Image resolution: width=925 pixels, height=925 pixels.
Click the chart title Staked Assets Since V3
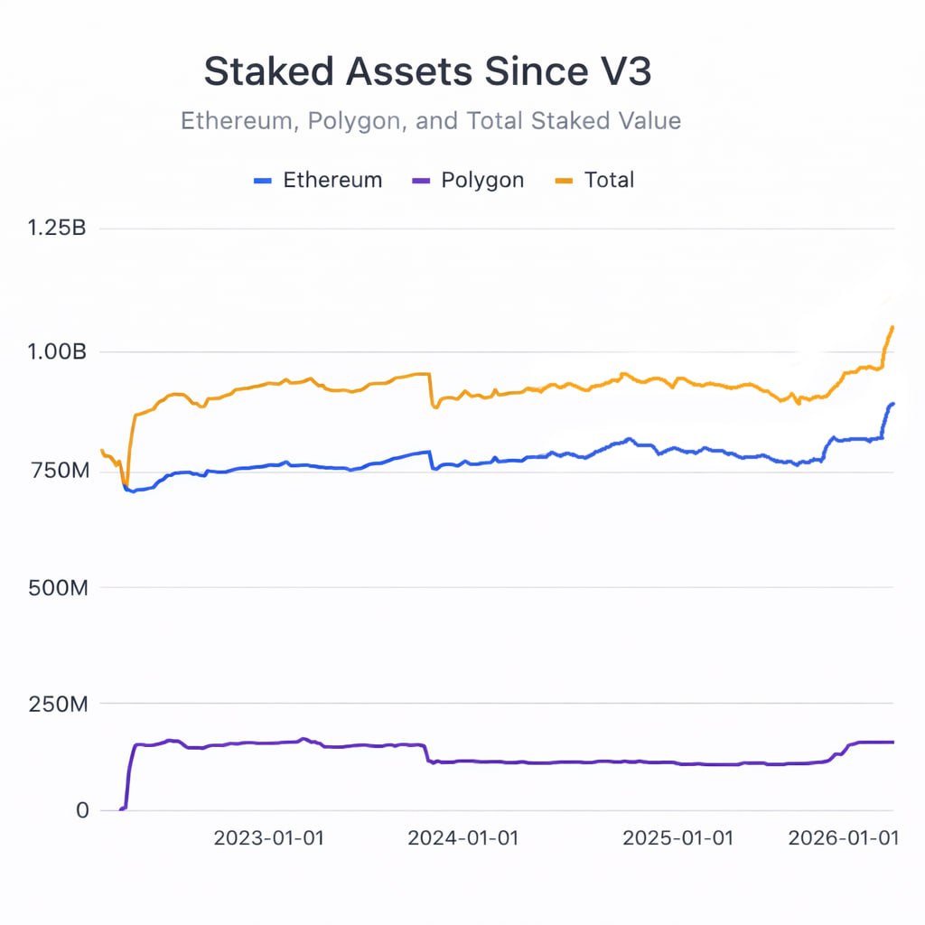coord(427,72)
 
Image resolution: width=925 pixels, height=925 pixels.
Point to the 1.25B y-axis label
coord(57,229)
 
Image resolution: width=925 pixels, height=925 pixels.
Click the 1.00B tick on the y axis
coord(57,351)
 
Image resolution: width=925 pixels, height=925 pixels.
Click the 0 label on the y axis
coord(82,810)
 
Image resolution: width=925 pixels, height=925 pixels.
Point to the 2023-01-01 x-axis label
coord(268,838)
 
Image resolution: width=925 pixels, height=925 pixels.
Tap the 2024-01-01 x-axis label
coord(463,838)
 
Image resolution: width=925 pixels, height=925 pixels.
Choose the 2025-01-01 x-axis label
coord(678,838)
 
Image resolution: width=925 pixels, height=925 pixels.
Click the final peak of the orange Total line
coord(892,327)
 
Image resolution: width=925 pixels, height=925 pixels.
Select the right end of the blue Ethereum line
coord(893,404)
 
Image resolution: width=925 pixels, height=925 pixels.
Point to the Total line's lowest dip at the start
coord(126,483)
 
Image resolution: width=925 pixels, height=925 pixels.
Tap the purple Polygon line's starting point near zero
coord(121,808)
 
